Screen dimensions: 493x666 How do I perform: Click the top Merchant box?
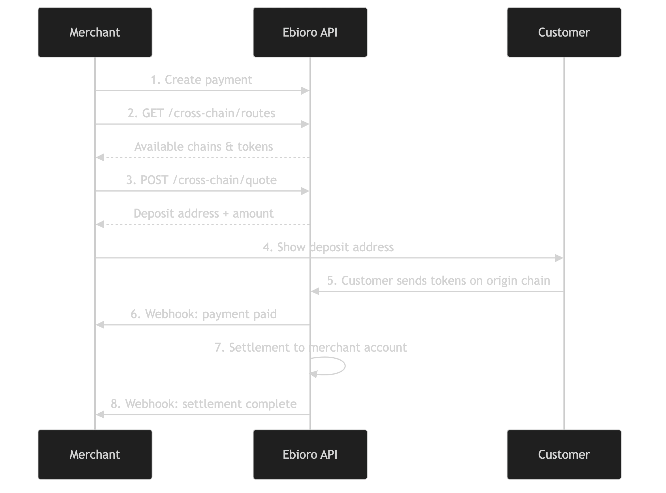95,33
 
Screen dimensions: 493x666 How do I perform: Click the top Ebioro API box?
310,33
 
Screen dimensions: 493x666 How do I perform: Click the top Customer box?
564,33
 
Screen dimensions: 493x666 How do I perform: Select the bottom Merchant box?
95,454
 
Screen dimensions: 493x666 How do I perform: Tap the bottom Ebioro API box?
310,454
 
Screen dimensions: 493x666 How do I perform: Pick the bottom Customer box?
564,454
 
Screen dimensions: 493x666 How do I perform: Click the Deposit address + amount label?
203,214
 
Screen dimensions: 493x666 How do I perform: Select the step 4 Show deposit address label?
328,247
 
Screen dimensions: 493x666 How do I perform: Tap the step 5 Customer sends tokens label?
438,280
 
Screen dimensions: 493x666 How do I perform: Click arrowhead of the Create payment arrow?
305,90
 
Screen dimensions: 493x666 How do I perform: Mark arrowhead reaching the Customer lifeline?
558,258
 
